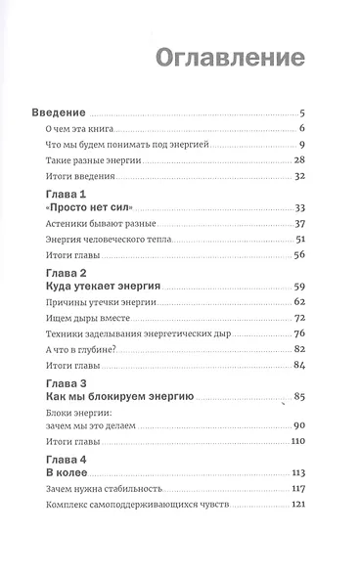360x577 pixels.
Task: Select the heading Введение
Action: coord(67,111)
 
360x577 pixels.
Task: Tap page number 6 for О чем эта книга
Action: coord(304,129)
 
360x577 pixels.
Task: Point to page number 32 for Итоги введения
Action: coord(301,176)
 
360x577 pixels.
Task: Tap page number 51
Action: coord(301,240)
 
